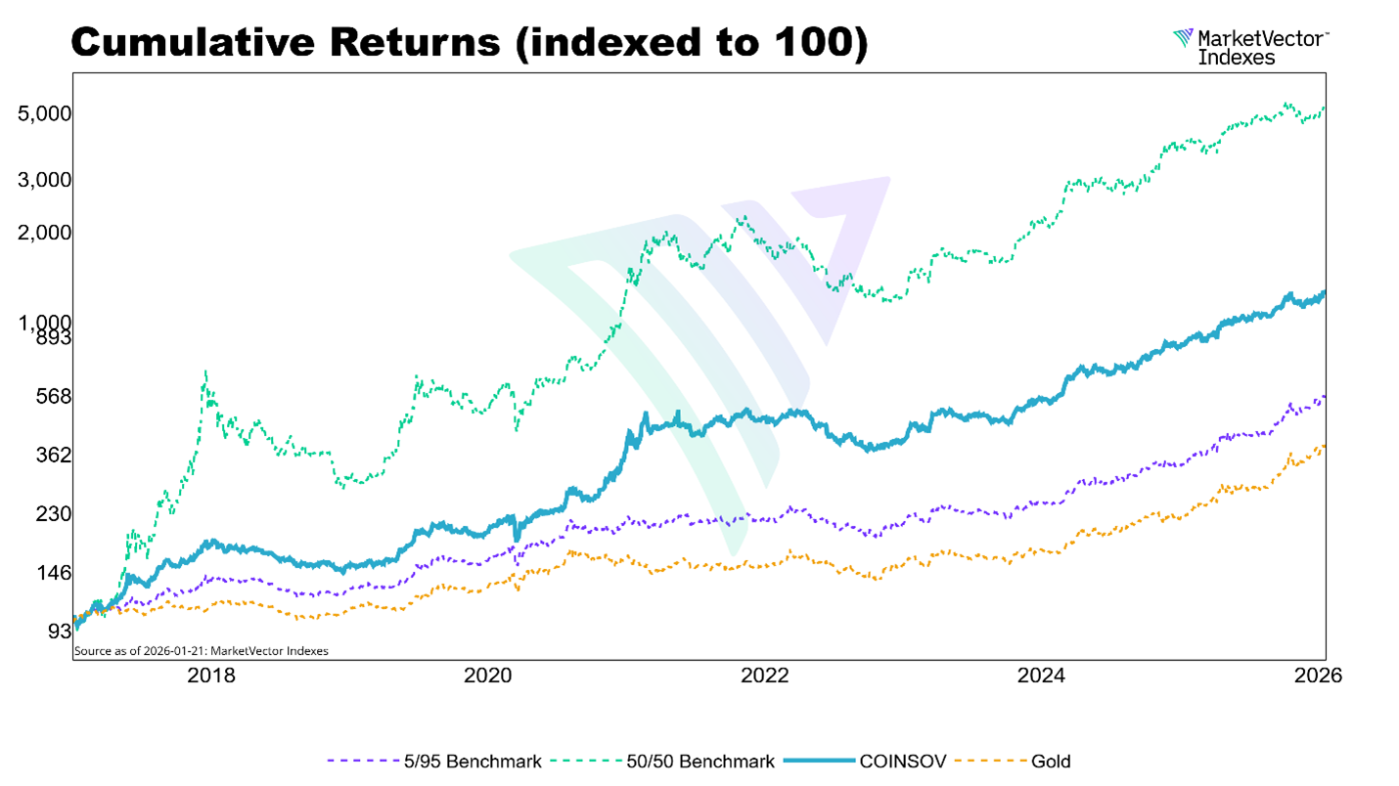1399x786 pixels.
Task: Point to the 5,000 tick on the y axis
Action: tap(45, 114)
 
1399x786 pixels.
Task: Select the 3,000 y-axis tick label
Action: tap(45, 181)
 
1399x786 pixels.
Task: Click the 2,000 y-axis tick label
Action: tap(45, 233)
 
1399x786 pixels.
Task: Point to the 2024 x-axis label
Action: tap(1041, 676)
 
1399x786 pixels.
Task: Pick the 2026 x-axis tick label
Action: tap(1316, 676)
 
